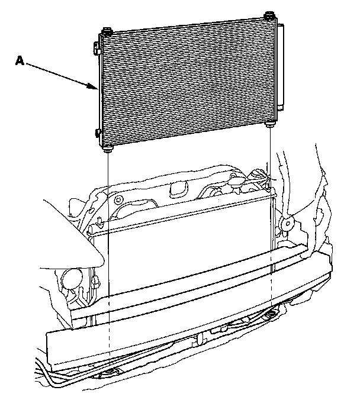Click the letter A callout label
point(20,60)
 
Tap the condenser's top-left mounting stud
point(107,31)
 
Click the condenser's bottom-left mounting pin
point(108,150)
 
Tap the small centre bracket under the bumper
point(201,338)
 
